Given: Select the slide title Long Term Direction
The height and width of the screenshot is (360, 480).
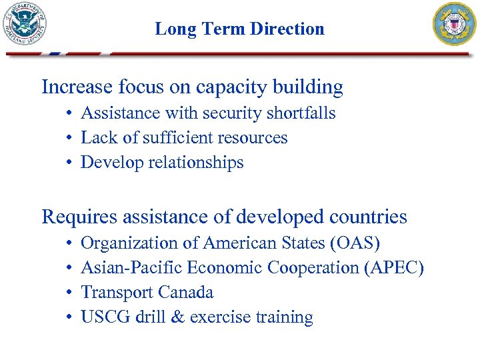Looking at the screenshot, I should [x=239, y=29].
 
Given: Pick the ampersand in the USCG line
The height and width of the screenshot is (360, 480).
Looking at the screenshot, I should [x=177, y=317].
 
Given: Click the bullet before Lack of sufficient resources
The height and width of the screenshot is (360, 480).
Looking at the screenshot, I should [x=69, y=139].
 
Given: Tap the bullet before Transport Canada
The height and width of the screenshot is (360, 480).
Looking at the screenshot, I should [x=69, y=293].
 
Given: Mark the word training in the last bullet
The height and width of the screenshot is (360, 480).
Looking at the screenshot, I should [x=285, y=317].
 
